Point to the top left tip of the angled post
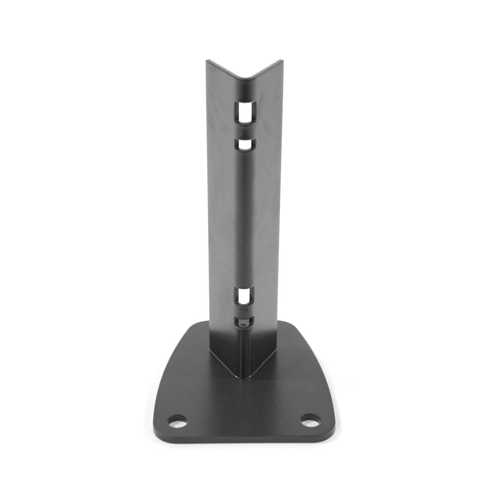tap(207, 61)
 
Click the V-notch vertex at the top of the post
tap(245, 78)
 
